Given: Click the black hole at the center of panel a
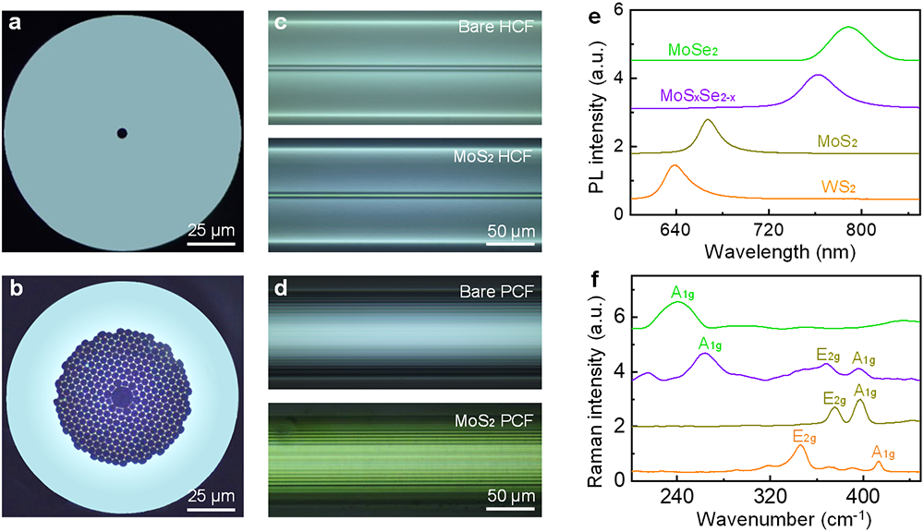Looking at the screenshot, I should (122, 133).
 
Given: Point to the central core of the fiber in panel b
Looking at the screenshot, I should (122, 397).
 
